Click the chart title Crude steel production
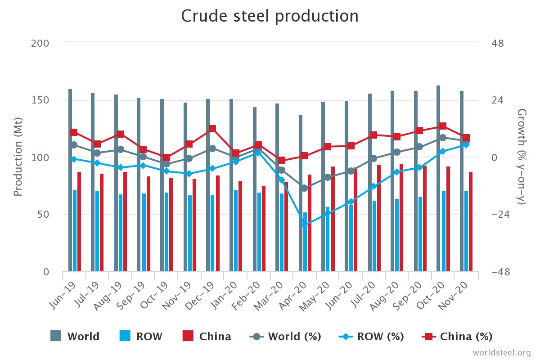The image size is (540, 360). pyautogui.click(x=270, y=16)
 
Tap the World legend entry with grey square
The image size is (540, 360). pyautogui.click(x=75, y=336)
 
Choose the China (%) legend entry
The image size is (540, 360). pyautogui.click(x=457, y=336)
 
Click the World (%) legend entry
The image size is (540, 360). pyautogui.click(x=285, y=336)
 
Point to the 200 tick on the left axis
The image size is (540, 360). pyautogui.click(x=40, y=43)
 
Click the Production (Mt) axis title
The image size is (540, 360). pyautogui.click(x=18, y=157)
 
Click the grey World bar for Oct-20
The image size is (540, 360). pyautogui.click(x=438, y=180)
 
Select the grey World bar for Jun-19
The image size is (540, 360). pyautogui.click(x=70, y=180)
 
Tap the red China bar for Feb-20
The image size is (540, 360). pyautogui.click(x=264, y=229)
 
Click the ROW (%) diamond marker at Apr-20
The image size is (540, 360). pyautogui.click(x=305, y=224)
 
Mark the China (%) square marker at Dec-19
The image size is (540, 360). pyautogui.click(x=212, y=129)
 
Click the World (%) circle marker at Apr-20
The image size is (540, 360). pyautogui.click(x=305, y=188)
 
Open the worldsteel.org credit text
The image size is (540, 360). pyautogui.click(x=502, y=352)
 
